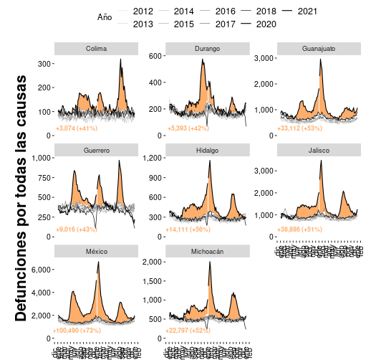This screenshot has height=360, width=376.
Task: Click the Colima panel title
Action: (x=97, y=49)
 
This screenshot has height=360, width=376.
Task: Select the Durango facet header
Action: (x=208, y=49)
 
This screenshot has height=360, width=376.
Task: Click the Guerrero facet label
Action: (x=97, y=150)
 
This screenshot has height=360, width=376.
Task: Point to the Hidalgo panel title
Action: (x=208, y=150)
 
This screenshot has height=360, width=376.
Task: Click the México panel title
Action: (x=97, y=251)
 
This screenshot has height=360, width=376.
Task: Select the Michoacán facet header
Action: (x=208, y=251)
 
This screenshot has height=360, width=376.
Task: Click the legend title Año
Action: (x=105, y=18)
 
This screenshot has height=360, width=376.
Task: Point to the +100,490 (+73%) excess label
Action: (x=76, y=331)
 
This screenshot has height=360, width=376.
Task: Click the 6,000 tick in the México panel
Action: (x=39, y=270)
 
